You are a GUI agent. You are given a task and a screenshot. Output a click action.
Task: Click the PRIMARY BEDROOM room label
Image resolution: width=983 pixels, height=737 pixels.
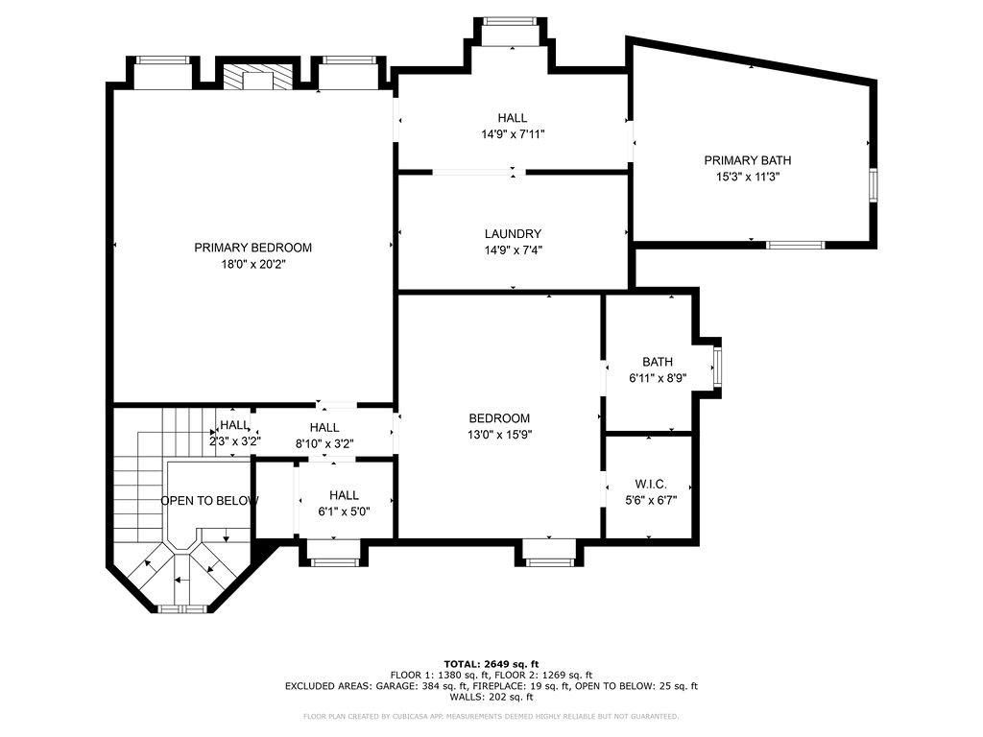[x=252, y=248]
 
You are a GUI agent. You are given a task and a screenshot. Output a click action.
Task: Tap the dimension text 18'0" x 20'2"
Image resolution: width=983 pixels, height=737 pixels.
[x=252, y=264]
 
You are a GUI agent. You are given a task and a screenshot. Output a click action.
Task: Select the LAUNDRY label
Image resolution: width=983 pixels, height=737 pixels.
[x=513, y=233]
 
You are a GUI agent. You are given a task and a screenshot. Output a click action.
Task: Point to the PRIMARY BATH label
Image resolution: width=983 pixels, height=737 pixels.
[x=747, y=160]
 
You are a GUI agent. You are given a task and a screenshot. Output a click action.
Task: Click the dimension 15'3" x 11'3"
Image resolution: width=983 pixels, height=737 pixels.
[x=747, y=177]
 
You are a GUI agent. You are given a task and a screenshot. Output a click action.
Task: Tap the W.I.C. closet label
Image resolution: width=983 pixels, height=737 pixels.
[x=650, y=485]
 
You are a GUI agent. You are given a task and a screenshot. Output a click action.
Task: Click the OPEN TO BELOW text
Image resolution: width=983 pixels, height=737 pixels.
[x=209, y=501]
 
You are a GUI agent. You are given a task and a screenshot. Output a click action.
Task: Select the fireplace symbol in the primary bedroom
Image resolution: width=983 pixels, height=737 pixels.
[x=256, y=78]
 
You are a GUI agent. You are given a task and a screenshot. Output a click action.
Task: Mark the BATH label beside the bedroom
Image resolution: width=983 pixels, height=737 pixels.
[x=658, y=362]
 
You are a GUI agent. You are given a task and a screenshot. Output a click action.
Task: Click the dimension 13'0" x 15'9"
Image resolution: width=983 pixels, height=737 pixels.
[x=499, y=435]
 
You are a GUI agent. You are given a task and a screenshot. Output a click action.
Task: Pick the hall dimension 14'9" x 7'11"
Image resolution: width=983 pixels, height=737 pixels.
[x=513, y=134]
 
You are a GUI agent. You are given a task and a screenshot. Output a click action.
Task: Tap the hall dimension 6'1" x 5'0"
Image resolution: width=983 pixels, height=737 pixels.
[x=343, y=511]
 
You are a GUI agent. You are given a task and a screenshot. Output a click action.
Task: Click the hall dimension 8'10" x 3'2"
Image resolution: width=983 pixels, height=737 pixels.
[x=324, y=443]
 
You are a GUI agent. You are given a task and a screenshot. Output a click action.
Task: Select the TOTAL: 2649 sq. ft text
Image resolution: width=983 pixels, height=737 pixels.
[x=491, y=664]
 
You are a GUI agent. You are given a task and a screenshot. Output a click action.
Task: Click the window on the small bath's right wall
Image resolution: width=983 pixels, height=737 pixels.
[x=716, y=366]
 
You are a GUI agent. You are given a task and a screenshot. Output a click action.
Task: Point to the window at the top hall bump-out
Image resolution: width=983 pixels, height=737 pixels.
[x=509, y=21]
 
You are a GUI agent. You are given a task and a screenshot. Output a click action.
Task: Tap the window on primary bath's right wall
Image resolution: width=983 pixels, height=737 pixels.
[x=873, y=184]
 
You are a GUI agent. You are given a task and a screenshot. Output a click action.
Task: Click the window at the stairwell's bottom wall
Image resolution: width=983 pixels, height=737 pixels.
[x=181, y=608]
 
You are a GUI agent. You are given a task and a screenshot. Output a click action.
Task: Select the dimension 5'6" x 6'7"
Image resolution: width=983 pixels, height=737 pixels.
[x=650, y=501]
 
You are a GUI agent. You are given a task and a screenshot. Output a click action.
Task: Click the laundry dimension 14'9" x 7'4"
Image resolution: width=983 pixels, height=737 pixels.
[x=513, y=250]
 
